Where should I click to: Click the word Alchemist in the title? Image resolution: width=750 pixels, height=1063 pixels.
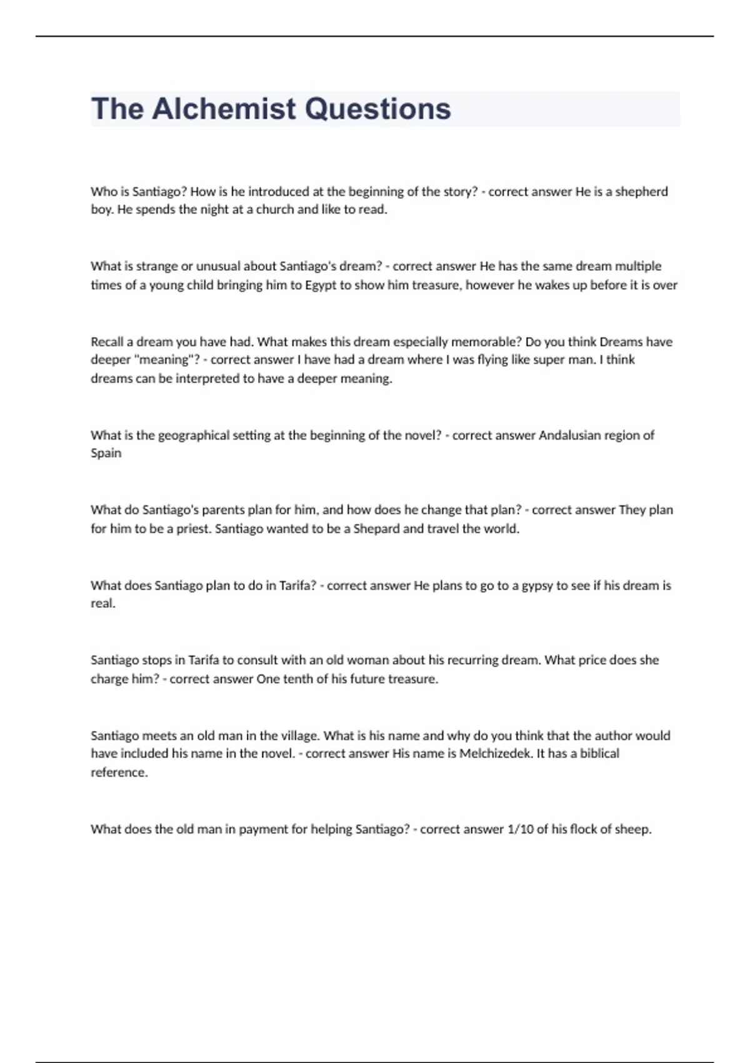tap(224, 109)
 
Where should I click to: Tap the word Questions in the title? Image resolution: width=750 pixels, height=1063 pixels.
tap(377, 109)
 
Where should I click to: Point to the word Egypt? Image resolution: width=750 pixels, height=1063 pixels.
tap(321, 285)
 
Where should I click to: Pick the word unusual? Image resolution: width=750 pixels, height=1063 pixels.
tap(218, 266)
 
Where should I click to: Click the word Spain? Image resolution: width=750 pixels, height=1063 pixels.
tap(106, 453)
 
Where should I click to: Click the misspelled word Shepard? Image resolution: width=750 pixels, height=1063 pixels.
tap(376, 528)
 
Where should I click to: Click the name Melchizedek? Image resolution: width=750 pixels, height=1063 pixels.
tap(496, 753)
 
